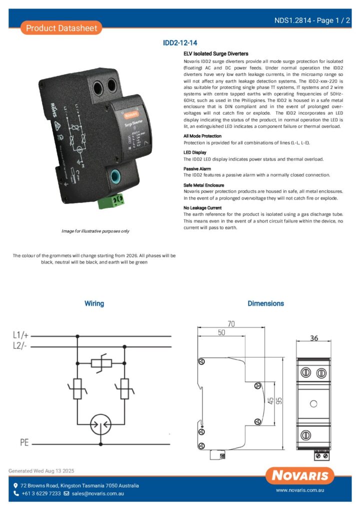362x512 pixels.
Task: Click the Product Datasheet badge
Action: pyautogui.click(x=61, y=28)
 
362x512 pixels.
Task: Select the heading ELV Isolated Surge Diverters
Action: pyautogui.click(x=216, y=54)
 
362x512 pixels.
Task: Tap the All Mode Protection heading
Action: pyautogui.click(x=202, y=136)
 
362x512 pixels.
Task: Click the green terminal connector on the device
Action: pyautogui.click(x=117, y=200)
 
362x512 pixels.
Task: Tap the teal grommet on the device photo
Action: pyautogui.click(x=114, y=176)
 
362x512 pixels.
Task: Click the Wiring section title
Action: pyautogui.click(x=94, y=303)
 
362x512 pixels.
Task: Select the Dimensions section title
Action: pyautogui.click(x=265, y=303)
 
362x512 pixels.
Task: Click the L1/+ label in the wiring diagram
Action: pyautogui.click(x=21, y=335)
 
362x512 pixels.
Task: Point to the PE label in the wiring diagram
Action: pyautogui.click(x=24, y=443)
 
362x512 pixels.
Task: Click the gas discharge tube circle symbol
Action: pyautogui.click(x=100, y=424)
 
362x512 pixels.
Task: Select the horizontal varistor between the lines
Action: pyautogui.click(x=100, y=363)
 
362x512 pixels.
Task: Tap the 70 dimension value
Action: pyautogui.click(x=231, y=323)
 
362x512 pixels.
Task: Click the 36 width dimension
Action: pyautogui.click(x=313, y=338)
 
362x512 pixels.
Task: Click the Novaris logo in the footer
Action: pyautogui.click(x=300, y=475)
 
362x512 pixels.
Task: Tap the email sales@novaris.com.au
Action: pyautogui.click(x=97, y=493)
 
